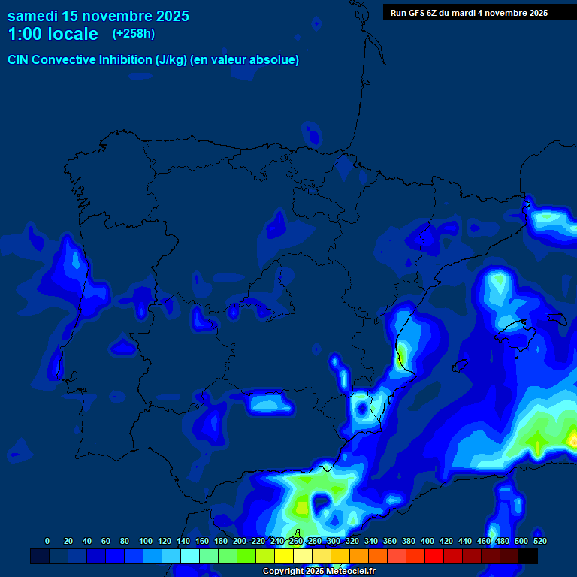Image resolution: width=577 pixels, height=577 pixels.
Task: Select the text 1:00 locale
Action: coord(53,34)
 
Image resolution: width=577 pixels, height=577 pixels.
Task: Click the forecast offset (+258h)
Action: coord(134,34)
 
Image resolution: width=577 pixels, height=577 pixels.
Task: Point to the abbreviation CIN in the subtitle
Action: coord(18,60)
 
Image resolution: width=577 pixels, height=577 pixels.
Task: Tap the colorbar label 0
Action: coord(47,541)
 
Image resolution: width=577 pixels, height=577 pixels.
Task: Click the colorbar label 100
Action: coord(146,541)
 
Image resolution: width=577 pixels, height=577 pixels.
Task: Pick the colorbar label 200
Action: coord(240,541)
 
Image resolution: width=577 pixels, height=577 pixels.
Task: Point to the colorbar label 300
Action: coord(334,541)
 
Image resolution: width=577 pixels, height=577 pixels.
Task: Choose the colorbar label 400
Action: coord(427,541)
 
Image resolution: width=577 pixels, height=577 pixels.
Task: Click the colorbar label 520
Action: coord(539,541)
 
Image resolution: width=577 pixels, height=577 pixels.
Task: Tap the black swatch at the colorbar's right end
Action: coord(528,556)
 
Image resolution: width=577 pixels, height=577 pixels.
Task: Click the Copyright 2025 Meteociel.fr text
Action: coord(319,572)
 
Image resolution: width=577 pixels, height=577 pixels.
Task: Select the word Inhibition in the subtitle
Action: coord(125,60)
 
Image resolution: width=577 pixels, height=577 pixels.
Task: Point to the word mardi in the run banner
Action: coord(462,13)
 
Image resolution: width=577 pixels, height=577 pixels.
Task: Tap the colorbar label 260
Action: coord(296,541)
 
